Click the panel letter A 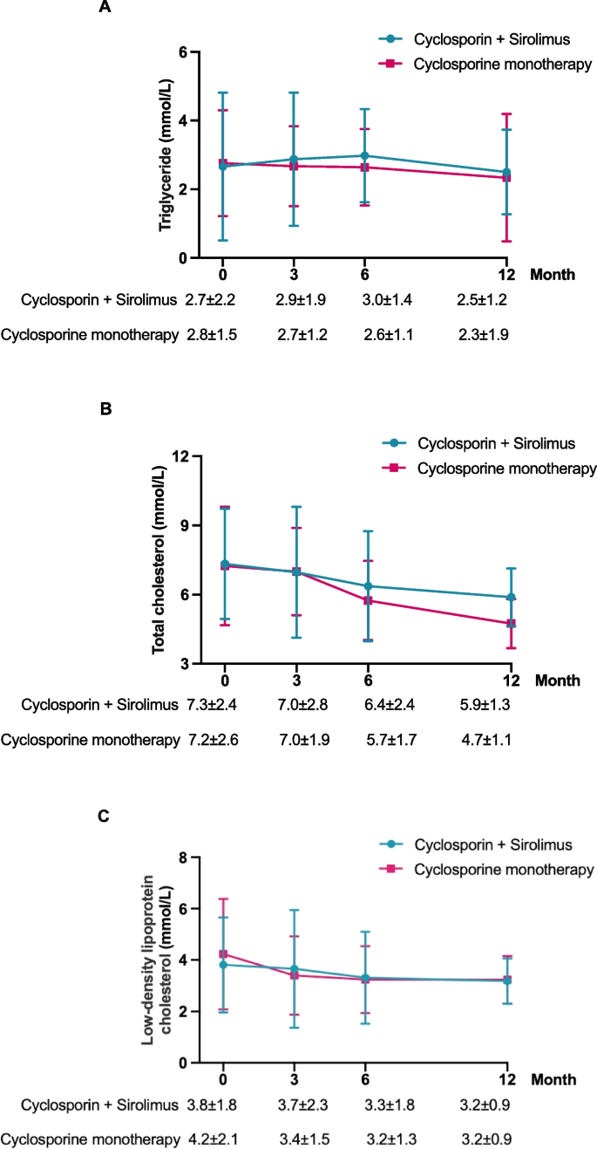click(105, 8)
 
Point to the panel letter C click(105, 817)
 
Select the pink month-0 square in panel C click(223, 954)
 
